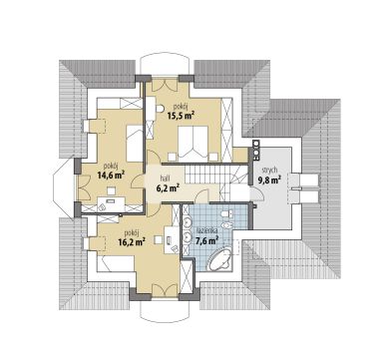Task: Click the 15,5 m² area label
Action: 181,116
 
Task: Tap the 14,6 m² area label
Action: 111,175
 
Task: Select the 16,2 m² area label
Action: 132,241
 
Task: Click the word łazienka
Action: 206,230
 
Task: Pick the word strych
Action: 269,171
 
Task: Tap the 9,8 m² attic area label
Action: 269,180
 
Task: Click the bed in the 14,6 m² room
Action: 135,144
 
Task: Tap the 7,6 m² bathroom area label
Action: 206,240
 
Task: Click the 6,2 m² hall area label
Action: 168,188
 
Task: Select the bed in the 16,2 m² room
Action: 116,264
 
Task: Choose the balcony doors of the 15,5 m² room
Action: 164,87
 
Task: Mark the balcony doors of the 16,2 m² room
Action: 165,289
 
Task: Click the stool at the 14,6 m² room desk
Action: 111,190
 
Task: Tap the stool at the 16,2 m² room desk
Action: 159,240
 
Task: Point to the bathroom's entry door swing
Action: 202,197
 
